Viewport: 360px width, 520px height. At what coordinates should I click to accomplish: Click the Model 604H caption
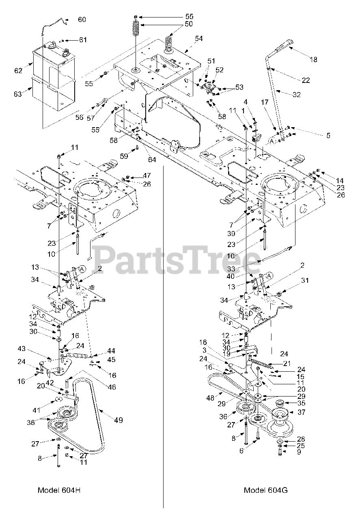click(x=59, y=490)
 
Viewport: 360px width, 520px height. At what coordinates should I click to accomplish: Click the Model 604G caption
click(x=265, y=490)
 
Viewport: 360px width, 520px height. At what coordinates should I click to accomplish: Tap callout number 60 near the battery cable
click(x=82, y=19)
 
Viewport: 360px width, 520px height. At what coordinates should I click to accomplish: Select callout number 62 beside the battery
click(x=18, y=71)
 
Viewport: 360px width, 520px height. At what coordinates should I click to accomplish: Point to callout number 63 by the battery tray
click(x=17, y=94)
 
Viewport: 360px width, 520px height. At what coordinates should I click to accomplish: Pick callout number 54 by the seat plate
click(x=198, y=39)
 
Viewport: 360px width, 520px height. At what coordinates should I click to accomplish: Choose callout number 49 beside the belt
click(x=119, y=420)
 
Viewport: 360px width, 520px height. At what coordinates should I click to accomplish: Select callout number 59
click(x=124, y=155)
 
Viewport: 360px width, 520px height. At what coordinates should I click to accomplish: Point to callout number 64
click(x=151, y=160)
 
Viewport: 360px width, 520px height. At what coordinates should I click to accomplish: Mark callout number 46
click(x=111, y=387)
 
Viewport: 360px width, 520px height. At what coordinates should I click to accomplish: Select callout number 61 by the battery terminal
click(x=83, y=40)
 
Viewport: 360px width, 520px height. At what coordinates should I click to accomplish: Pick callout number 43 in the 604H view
click(x=22, y=349)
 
